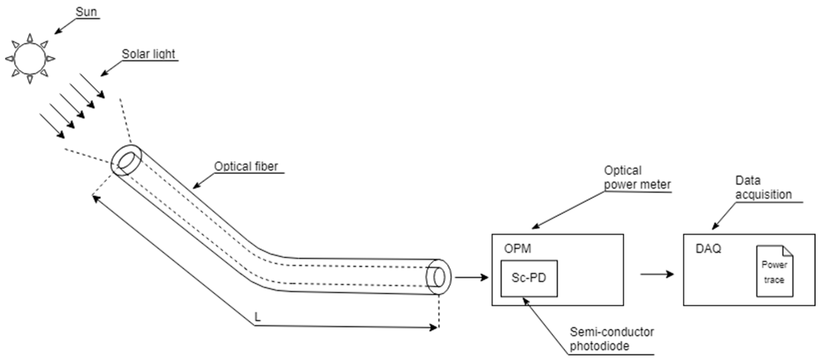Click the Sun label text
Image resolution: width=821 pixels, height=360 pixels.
[86, 12]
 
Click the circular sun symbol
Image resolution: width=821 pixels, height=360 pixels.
[30, 59]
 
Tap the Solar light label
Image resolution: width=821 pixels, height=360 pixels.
[149, 54]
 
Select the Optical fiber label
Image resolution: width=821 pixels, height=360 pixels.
[246, 166]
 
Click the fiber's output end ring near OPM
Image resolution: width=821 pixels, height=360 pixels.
[439, 277]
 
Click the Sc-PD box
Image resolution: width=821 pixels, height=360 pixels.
[529, 278]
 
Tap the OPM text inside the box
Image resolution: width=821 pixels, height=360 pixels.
[517, 249]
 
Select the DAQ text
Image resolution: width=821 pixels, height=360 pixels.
[708, 249]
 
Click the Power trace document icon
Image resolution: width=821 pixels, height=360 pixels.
[775, 271]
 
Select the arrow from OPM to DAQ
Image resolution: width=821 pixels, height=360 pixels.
[657, 274]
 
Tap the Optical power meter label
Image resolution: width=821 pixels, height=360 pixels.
[637, 178]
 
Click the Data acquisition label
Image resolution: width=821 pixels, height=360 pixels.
[763, 188]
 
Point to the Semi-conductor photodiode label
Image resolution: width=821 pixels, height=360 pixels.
[611, 339]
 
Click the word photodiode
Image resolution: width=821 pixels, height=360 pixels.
[599, 346]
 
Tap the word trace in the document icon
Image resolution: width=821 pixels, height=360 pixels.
[774, 280]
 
